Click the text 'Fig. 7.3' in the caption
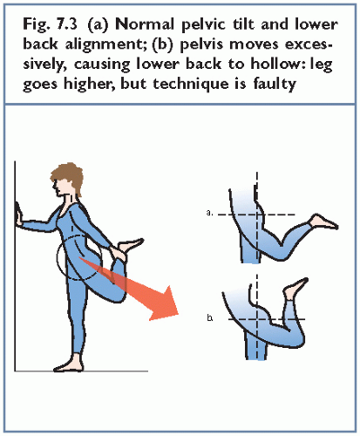(51, 24)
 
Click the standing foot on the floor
(68, 364)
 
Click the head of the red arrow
(166, 303)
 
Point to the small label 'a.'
(209, 213)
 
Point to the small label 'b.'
(209, 318)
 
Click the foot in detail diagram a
(324, 222)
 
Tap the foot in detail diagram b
(295, 289)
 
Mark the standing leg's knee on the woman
(75, 312)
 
